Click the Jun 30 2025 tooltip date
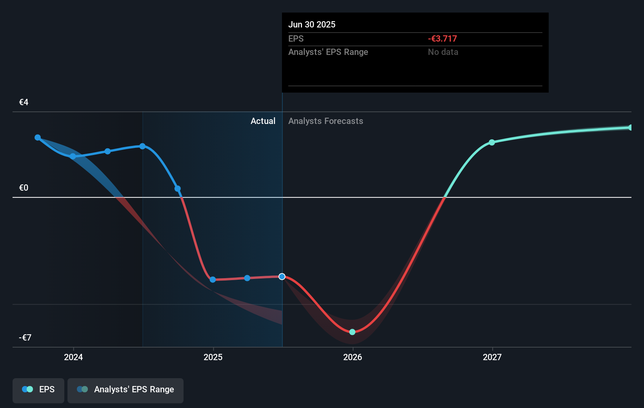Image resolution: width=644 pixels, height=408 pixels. click(312, 24)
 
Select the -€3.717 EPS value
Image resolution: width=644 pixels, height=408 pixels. click(442, 38)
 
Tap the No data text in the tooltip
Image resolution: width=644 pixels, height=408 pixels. click(443, 52)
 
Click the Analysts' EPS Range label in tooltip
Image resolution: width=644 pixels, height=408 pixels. click(328, 52)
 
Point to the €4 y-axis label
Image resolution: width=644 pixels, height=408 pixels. click(24, 102)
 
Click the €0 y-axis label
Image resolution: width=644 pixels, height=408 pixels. click(24, 188)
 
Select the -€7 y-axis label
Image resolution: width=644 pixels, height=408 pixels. click(25, 338)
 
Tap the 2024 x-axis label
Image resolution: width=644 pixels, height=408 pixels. click(73, 357)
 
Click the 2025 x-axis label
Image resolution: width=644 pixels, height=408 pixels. click(213, 357)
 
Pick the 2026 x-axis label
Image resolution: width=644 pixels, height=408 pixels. click(353, 357)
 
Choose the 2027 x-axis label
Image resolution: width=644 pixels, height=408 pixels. click(492, 357)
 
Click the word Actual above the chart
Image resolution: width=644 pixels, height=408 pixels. click(263, 121)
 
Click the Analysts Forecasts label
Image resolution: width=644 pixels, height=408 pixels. click(326, 121)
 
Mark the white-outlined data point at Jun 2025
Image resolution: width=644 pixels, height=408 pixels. click(282, 277)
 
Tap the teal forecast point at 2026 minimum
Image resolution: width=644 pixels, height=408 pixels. click(352, 332)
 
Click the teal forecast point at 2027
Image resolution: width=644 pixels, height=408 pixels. click(492, 142)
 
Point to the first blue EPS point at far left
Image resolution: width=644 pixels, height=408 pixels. click(38, 137)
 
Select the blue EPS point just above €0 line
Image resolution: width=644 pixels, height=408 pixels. click(178, 189)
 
